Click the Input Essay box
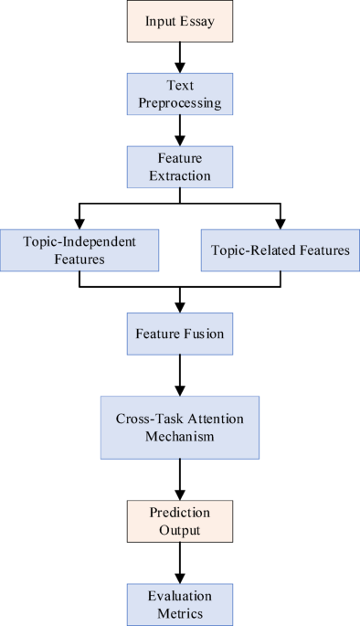tap(180, 21)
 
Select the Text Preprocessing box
tap(180, 93)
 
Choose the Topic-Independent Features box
tap(79, 250)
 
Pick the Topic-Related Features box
tap(280, 250)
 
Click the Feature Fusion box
tap(180, 334)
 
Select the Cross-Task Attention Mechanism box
tap(180, 427)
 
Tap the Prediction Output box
tap(180, 520)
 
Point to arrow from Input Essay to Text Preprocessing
tap(180, 57)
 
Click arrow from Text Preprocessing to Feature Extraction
tap(180, 129)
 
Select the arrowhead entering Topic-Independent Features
tap(79, 221)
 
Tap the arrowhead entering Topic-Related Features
tap(280, 221)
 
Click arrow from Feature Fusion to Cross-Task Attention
tap(180, 376)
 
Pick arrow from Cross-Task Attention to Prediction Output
tap(180, 478)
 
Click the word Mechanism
tap(180, 436)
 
